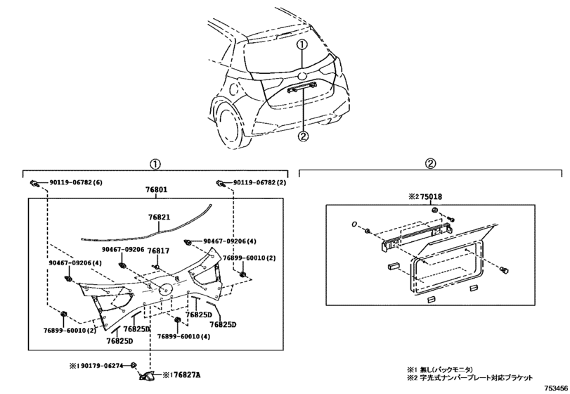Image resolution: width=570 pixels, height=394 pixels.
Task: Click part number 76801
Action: (157, 190)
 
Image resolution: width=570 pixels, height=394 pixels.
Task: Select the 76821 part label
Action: (160, 217)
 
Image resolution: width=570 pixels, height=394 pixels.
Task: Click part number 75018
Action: (430, 197)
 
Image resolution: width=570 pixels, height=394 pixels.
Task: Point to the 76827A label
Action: (186, 375)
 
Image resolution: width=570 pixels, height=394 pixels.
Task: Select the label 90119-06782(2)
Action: (259, 182)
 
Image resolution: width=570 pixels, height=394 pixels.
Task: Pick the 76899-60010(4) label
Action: (183, 337)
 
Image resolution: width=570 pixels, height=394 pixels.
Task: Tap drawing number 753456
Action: (555, 388)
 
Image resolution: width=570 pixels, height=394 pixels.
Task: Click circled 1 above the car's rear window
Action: (302, 45)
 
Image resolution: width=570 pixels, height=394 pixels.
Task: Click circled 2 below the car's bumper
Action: (303, 136)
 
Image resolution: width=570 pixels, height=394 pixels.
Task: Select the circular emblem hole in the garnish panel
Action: (165, 289)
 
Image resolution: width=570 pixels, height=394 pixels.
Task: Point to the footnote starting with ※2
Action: (469, 378)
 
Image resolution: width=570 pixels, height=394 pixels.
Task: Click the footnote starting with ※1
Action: (440, 370)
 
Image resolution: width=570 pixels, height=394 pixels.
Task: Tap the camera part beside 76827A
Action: (147, 376)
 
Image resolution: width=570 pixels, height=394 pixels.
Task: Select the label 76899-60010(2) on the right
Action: (249, 258)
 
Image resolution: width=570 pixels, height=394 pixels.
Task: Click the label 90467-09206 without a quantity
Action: (123, 250)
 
